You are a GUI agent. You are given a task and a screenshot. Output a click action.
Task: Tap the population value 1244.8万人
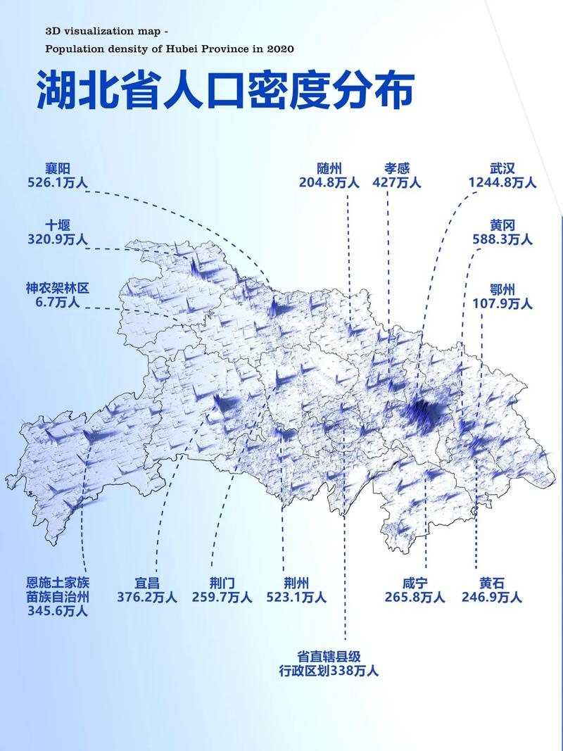click(502, 183)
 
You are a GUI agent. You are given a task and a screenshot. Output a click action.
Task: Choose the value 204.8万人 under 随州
click(329, 183)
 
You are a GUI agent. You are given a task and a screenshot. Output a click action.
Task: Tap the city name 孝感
click(396, 169)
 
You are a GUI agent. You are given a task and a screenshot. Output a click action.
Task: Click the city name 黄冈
click(502, 225)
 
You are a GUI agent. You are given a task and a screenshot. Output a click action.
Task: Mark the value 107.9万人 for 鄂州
click(502, 304)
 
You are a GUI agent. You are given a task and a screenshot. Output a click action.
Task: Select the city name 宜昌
click(147, 583)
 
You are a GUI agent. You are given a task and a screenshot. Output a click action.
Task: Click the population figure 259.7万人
click(222, 598)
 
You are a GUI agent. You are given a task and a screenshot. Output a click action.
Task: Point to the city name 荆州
click(296, 583)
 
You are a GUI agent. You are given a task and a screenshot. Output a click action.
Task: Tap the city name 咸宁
click(415, 583)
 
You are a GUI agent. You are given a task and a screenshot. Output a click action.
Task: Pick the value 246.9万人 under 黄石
click(492, 598)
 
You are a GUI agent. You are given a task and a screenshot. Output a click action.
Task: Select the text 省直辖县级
click(329, 656)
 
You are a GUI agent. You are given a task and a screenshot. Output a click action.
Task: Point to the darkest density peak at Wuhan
click(422, 410)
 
